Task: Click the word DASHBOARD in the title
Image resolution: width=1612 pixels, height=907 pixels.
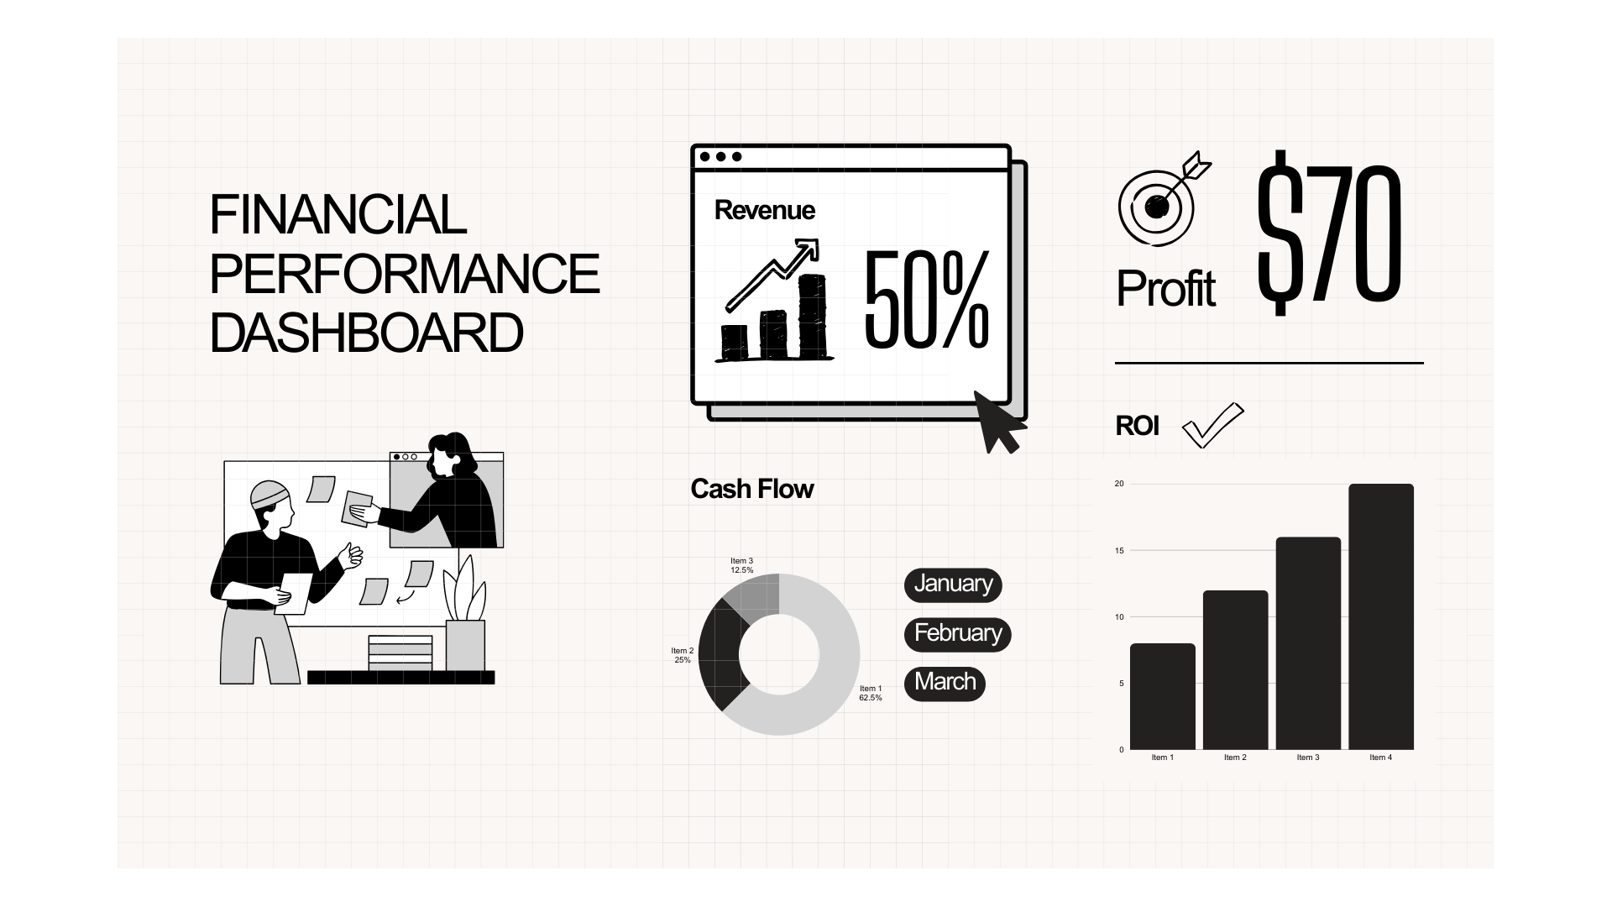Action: (366, 333)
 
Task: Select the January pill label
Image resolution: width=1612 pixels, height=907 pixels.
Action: (953, 585)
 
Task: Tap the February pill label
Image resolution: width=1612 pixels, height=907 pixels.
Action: (958, 634)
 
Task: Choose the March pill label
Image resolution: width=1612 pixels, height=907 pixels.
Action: (945, 683)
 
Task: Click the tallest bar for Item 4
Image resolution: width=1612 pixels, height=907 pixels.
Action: (1381, 616)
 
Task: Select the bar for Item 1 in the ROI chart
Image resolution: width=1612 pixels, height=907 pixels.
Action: (1163, 696)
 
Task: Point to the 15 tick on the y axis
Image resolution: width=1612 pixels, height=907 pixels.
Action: (1119, 551)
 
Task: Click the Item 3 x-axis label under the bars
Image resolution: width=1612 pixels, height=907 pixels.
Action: (1308, 758)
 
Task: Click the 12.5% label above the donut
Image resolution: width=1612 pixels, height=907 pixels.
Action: (742, 570)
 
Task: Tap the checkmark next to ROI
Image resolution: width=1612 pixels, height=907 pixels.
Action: (1212, 425)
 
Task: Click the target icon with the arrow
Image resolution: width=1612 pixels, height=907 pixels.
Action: (1164, 199)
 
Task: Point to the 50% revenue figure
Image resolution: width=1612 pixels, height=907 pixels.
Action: (927, 299)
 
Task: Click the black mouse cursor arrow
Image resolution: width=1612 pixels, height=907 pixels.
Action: (998, 422)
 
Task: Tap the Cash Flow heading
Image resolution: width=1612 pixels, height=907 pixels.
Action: (752, 489)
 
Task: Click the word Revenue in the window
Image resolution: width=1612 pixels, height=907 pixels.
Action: (765, 210)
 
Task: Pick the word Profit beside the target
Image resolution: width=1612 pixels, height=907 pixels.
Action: (1165, 289)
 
